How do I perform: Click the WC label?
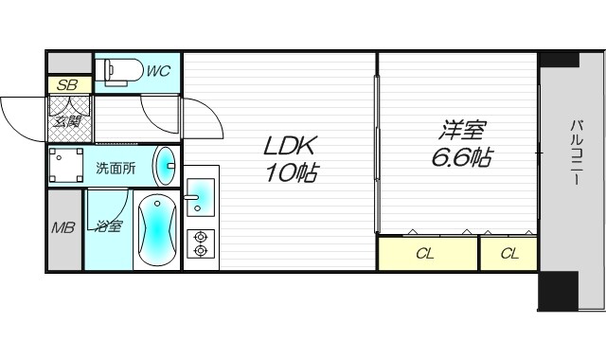pyautogui.click(x=158, y=70)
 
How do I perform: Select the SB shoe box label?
pyautogui.click(x=66, y=85)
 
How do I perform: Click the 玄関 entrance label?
pyautogui.click(x=65, y=120)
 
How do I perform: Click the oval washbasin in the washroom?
pyautogui.click(x=165, y=167)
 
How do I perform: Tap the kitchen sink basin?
pyautogui.click(x=199, y=196)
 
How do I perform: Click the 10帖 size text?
pyautogui.click(x=291, y=173)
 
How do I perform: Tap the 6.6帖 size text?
pyautogui.click(x=461, y=158)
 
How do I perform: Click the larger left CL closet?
pyautogui.click(x=427, y=254)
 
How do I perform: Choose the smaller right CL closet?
pyautogui.click(x=508, y=254)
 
